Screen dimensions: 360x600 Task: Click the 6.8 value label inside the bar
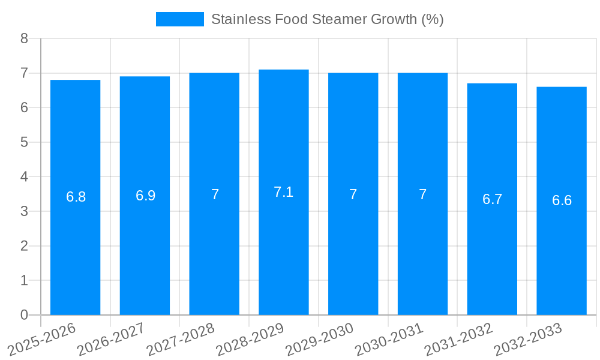[x=76, y=197]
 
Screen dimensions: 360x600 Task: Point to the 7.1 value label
[x=283, y=192]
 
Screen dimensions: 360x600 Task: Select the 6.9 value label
[x=145, y=196]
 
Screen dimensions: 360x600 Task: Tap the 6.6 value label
[x=562, y=200]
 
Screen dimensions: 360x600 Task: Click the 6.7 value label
[x=492, y=199]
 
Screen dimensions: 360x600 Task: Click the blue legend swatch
[x=179, y=19]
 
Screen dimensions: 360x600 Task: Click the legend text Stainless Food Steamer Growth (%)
[x=327, y=19]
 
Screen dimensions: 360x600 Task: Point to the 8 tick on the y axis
[x=24, y=38]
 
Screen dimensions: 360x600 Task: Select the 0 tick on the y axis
[x=24, y=315]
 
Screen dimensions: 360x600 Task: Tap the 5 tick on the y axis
[x=24, y=142]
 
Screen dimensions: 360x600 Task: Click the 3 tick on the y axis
[x=24, y=211]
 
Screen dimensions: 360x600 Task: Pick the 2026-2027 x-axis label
[x=111, y=339]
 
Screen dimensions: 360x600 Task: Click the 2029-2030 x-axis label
[x=319, y=339]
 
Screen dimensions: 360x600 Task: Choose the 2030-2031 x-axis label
[x=389, y=339]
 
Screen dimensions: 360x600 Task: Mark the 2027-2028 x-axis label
[x=181, y=339]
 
